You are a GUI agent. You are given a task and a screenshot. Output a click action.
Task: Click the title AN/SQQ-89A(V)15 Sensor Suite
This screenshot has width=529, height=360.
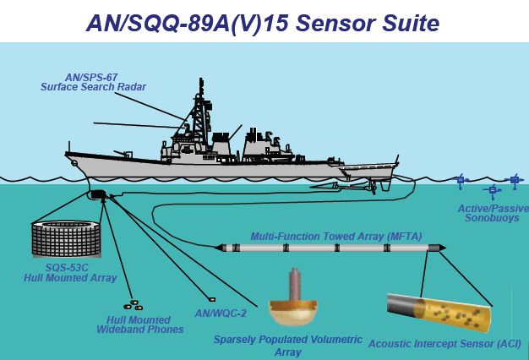click(263, 24)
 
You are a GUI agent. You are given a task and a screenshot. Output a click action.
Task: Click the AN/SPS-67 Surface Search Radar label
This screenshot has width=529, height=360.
click(93, 82)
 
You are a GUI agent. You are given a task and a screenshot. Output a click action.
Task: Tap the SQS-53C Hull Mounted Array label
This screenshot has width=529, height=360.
click(70, 273)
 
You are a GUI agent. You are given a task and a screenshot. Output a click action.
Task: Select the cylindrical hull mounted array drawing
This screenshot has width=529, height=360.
click(66, 238)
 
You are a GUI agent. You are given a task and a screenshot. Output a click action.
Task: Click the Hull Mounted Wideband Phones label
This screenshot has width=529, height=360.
click(139, 325)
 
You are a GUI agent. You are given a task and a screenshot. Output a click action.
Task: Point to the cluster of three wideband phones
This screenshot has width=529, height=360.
click(134, 305)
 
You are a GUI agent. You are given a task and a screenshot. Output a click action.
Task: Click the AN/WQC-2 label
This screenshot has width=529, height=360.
click(221, 314)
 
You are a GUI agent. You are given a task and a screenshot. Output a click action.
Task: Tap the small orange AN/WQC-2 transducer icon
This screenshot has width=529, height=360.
click(212, 299)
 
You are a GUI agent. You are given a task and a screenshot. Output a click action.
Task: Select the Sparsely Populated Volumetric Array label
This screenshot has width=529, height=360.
click(288, 346)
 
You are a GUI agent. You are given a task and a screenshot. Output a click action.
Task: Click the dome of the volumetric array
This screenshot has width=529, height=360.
click(293, 312)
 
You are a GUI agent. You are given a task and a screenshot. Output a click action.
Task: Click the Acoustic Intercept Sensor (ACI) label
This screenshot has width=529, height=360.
click(444, 344)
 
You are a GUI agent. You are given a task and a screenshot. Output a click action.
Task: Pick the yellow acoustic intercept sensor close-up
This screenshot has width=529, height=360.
click(439, 313)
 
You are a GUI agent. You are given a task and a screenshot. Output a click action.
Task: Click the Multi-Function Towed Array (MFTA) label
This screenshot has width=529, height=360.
click(336, 236)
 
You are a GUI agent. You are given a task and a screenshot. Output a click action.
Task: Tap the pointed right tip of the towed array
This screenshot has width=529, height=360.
click(445, 248)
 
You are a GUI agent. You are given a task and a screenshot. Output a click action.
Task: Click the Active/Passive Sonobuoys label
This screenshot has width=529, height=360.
click(493, 213)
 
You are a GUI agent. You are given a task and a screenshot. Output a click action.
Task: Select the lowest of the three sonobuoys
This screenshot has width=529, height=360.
click(492, 191)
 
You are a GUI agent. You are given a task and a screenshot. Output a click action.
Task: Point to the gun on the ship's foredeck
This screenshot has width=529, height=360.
click(123, 154)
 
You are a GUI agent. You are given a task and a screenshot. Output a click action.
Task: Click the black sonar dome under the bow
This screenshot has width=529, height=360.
click(98, 194)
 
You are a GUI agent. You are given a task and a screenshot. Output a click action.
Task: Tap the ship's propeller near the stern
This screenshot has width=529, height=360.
click(373, 187)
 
